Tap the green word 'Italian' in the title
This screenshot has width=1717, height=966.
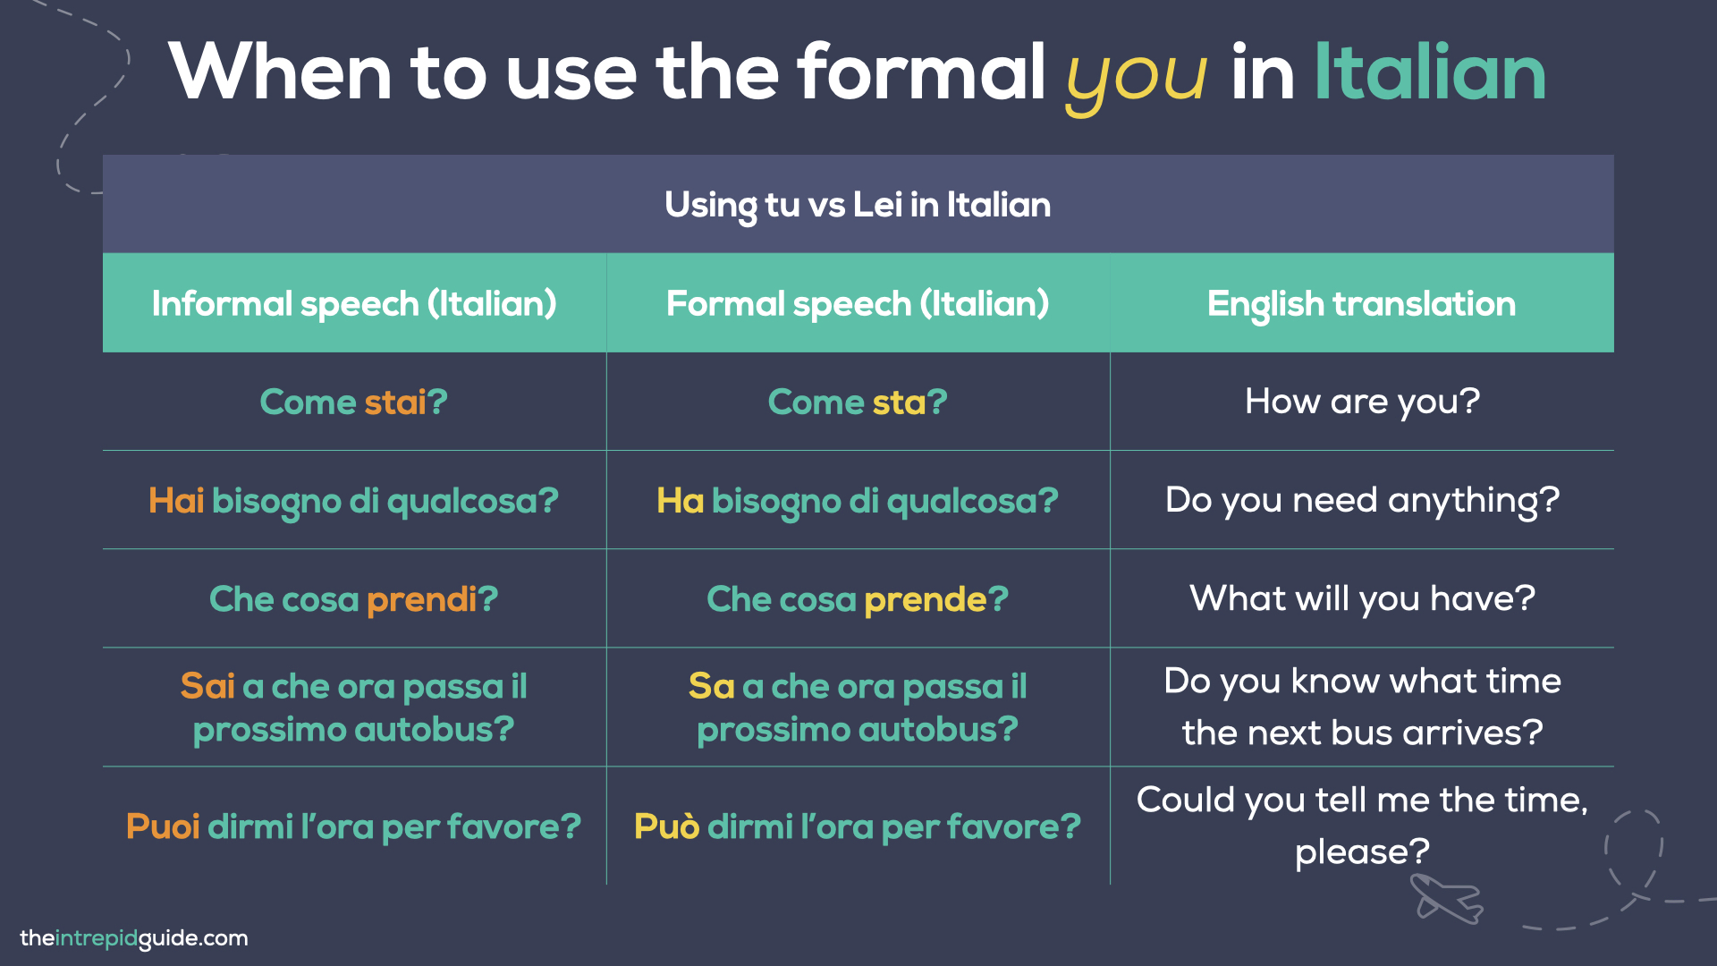pos(1429,73)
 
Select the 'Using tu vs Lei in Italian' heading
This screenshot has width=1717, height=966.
pos(858,205)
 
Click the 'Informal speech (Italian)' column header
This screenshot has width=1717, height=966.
pos(354,304)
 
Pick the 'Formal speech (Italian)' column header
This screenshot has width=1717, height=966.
pos(858,304)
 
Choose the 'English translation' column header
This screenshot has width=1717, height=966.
pos(1361,304)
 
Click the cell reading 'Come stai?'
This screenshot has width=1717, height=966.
pos(354,402)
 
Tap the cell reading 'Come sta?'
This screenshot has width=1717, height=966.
pos(858,402)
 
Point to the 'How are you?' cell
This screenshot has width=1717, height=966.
pos(1361,402)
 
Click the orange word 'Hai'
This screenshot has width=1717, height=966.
pos(176,501)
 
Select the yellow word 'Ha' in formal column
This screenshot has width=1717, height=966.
pos(680,501)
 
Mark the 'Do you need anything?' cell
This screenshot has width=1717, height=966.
pos(1361,500)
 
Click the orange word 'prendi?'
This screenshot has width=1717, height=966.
pos(432,599)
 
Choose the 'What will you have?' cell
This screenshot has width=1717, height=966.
pos(1361,598)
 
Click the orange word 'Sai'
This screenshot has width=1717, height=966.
pos(207,686)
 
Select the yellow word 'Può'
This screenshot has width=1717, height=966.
pos(666,826)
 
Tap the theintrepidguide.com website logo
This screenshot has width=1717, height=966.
pos(134,938)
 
